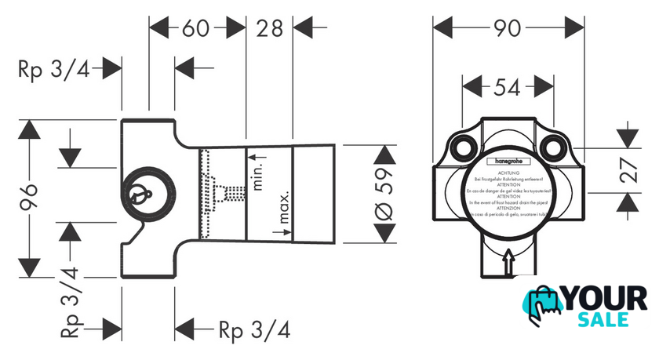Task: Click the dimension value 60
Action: click(x=196, y=29)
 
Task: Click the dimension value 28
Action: click(x=269, y=29)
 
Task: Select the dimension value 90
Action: click(x=509, y=29)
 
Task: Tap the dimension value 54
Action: click(x=508, y=87)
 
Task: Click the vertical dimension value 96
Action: click(x=29, y=197)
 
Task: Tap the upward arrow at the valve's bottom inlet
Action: click(x=508, y=258)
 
